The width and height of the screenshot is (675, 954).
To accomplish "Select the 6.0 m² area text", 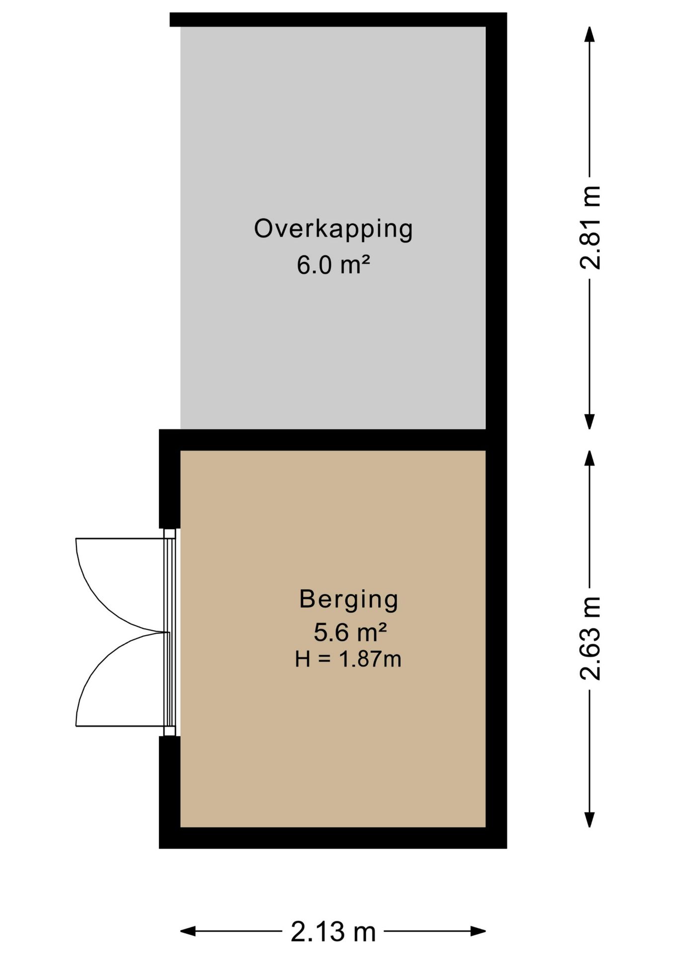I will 333,265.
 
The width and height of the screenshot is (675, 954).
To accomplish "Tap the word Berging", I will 348,599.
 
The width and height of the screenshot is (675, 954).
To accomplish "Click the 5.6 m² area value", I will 350,633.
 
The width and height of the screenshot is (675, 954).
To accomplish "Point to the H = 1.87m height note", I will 348,659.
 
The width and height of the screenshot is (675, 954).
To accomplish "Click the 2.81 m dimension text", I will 590,227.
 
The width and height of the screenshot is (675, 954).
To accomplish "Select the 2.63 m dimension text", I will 590,638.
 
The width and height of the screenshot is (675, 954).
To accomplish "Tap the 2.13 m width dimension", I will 333,932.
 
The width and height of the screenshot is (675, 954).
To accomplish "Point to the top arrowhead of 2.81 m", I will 590,34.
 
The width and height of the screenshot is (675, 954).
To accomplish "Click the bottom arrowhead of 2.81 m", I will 590,422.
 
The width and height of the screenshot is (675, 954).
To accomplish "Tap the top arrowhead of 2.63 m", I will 590,458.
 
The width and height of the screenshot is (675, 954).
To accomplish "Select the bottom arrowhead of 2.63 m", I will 590,820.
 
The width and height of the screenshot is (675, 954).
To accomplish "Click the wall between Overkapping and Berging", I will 328,440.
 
